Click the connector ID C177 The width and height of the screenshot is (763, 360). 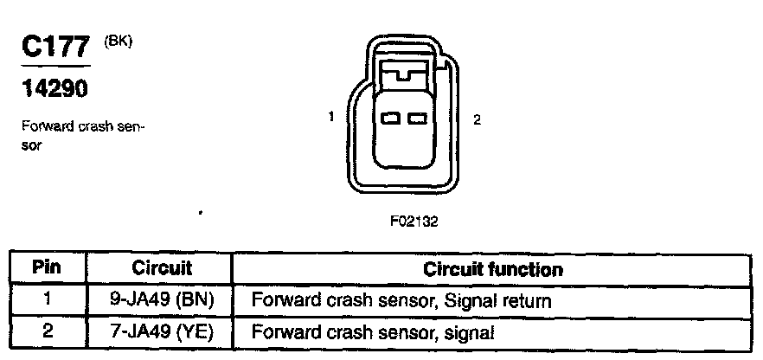click(x=54, y=48)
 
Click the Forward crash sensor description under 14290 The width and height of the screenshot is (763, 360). click(x=82, y=136)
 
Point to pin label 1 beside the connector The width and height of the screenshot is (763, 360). click(x=331, y=115)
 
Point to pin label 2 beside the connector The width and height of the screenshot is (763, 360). click(x=477, y=120)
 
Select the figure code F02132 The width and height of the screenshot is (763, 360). click(x=414, y=221)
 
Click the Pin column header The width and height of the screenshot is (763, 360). click(x=47, y=268)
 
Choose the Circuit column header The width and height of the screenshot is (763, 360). click(x=162, y=268)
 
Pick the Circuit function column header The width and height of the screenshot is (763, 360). click(x=492, y=269)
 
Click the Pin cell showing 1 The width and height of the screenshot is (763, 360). click(x=47, y=300)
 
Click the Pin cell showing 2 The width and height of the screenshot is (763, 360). click(x=47, y=331)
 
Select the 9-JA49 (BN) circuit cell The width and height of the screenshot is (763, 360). click(x=161, y=300)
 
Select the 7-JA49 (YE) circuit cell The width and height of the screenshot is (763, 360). click(x=161, y=331)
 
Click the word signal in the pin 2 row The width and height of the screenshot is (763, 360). click(x=471, y=331)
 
